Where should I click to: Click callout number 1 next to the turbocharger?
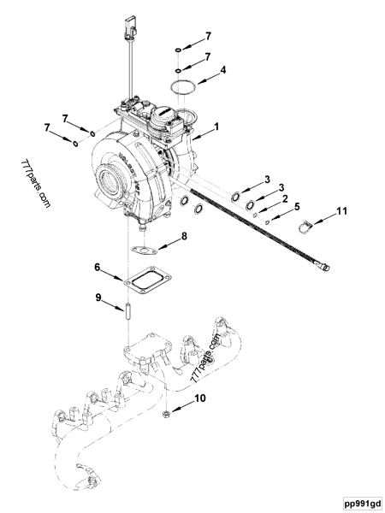click(217, 126)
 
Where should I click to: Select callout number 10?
click(202, 398)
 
